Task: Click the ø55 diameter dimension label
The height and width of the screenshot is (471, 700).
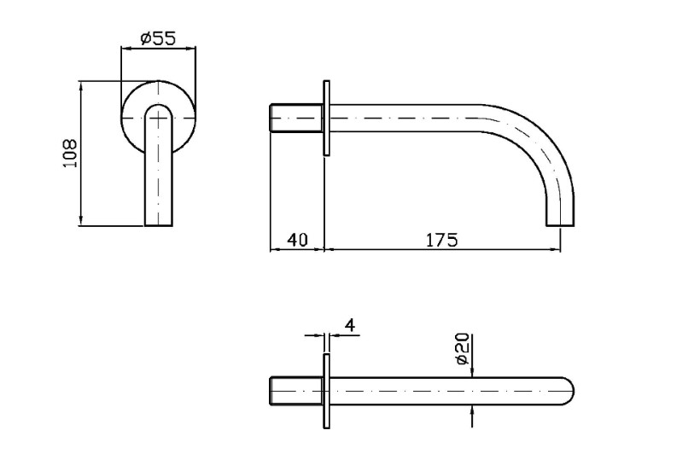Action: [159, 38]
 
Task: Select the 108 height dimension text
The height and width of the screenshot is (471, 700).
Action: [70, 154]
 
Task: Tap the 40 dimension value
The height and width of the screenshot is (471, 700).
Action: [297, 240]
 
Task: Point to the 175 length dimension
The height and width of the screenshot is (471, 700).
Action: [441, 240]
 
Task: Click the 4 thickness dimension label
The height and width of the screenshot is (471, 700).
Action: [351, 325]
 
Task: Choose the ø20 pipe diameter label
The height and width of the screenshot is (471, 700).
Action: [463, 348]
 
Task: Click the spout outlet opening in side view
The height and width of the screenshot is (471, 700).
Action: [560, 225]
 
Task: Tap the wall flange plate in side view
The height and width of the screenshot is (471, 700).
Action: [326, 118]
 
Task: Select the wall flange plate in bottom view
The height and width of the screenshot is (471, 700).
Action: [326, 391]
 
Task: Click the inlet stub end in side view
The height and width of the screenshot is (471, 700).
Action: [271, 118]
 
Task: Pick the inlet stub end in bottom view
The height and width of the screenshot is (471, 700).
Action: [271, 391]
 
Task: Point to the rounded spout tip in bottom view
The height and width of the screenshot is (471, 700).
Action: [569, 391]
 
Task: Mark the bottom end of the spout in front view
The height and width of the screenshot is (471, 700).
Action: [159, 225]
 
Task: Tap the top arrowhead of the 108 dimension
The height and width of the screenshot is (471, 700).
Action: [81, 86]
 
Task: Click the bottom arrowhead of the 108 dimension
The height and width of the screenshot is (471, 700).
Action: [81, 221]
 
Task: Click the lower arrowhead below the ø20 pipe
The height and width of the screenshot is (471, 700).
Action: [472, 410]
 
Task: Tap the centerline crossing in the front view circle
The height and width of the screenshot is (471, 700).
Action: [159, 118]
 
